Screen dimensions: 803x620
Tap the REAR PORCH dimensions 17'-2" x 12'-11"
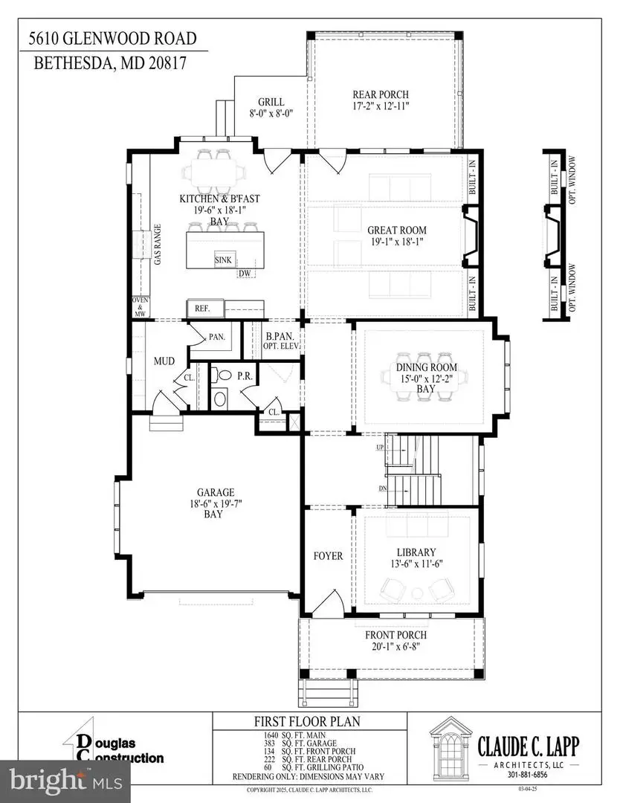coord(380,107)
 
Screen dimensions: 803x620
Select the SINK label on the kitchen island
coord(223,259)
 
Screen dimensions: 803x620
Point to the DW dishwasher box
coord(244,274)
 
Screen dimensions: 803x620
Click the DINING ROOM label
coord(426,367)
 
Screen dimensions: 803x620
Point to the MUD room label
coord(164,361)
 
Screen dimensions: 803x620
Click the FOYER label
coord(328,556)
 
